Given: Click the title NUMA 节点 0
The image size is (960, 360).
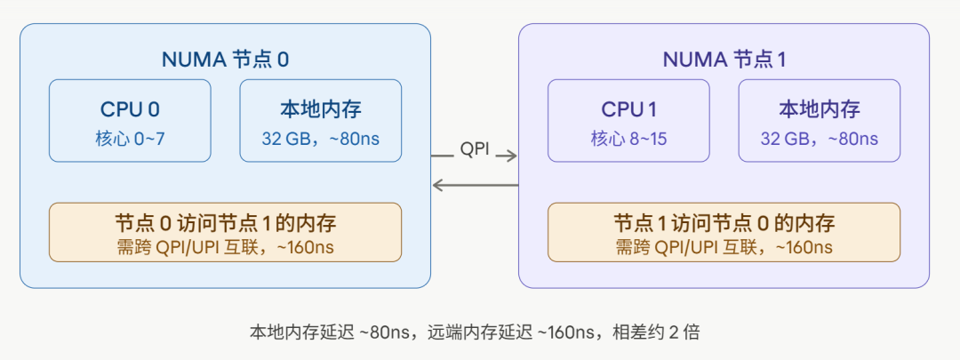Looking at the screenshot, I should point(225,60).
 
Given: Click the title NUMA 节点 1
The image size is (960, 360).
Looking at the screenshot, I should point(724,60).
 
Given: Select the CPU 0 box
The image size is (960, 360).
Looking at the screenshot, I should point(130,121).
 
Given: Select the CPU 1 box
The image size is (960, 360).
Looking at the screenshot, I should point(628,121).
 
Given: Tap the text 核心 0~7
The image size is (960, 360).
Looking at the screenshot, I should point(130,139).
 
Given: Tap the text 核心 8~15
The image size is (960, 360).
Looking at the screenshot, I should point(628,139).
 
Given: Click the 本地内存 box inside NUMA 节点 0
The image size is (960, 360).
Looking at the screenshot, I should point(320,121).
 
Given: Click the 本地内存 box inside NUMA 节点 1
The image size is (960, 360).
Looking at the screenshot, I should point(819,121).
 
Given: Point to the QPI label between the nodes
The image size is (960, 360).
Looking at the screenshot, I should point(474,148).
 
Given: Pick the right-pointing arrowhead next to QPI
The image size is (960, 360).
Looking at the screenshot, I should point(511,156).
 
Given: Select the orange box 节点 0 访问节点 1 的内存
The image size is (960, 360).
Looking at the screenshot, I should point(225,232).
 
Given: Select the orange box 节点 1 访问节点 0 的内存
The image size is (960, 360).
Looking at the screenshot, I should point(724,232).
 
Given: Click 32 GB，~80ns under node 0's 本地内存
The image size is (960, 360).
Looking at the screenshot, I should point(320,139).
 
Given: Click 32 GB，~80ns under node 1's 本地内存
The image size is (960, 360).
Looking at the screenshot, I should point(819,139).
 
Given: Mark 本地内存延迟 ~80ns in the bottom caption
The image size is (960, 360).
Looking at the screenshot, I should point(331,332).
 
